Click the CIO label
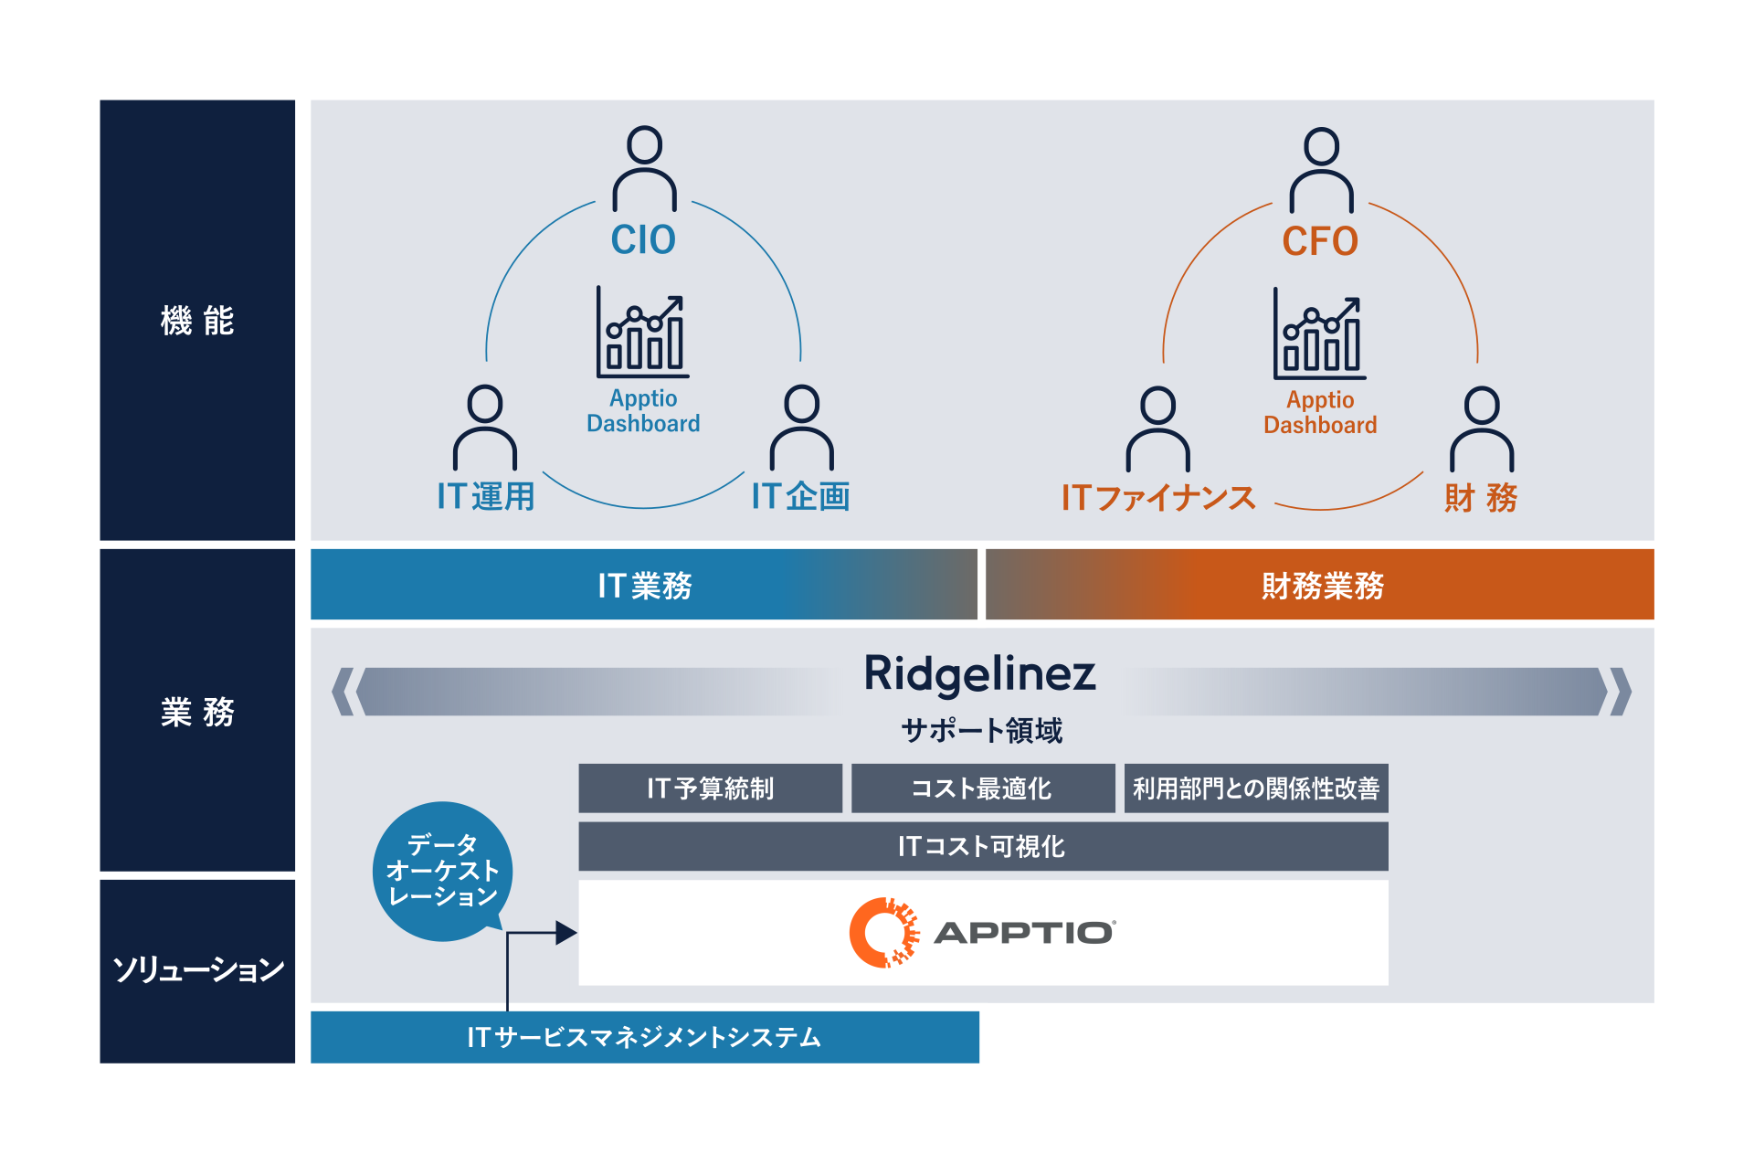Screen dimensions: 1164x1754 [x=643, y=240]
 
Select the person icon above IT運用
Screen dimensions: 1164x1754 [x=485, y=428]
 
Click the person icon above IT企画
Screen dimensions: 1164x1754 [x=801, y=428]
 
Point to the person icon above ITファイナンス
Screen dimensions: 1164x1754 [x=1157, y=429]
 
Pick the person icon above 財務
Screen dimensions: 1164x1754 [x=1481, y=429]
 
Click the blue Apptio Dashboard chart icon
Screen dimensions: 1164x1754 [x=642, y=333]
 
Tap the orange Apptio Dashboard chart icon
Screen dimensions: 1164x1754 [x=1319, y=334]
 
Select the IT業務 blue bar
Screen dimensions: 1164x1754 [x=644, y=585]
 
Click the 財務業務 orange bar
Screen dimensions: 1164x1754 [x=1320, y=585]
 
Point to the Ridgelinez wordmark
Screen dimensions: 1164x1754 [x=979, y=674]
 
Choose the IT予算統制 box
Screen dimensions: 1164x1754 [x=710, y=788]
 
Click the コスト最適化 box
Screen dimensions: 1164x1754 [x=982, y=788]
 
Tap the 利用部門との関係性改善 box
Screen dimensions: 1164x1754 [x=1256, y=788]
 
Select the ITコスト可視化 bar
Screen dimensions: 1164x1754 [x=982, y=847]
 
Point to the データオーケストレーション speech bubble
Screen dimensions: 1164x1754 [x=442, y=871]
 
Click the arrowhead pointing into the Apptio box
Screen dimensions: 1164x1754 [x=566, y=933]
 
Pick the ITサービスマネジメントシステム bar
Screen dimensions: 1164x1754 [x=644, y=1037]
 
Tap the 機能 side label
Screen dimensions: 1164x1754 [x=197, y=321]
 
